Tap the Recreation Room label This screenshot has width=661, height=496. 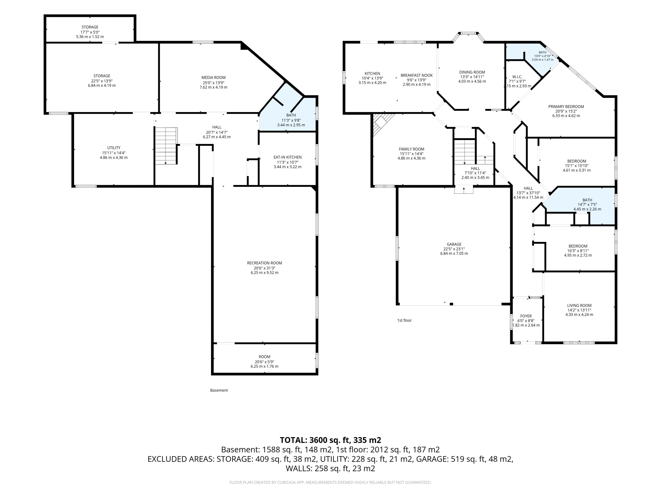click(264, 263)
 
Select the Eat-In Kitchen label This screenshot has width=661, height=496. click(287, 157)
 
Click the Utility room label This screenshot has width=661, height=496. click(114, 148)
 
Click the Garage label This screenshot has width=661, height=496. click(454, 244)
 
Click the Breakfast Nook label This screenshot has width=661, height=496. click(417, 75)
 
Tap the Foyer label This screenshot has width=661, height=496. click(526, 316)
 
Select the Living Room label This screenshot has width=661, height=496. click(579, 306)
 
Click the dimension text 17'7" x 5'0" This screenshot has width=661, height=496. click(90, 32)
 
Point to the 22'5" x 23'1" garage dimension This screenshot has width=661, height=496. click(454, 249)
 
